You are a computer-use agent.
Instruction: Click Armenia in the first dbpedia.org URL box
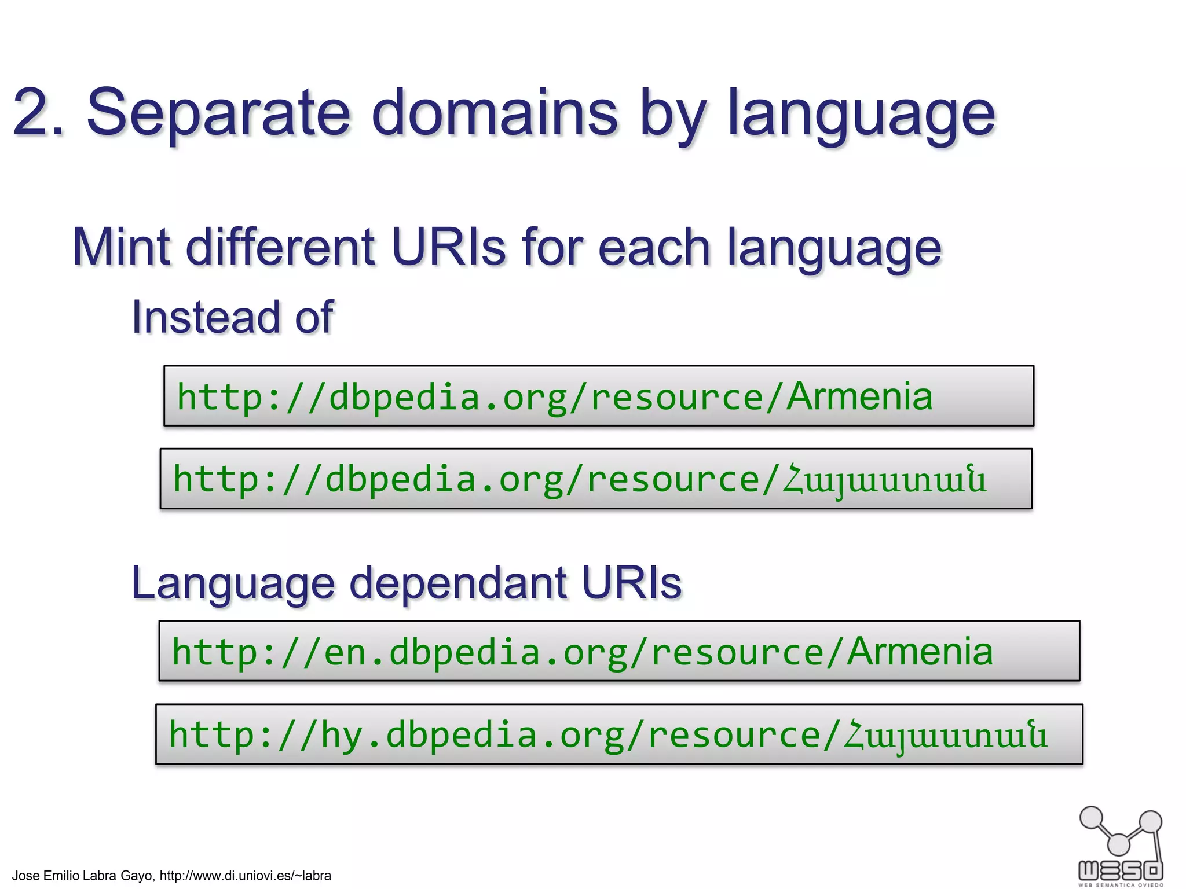click(x=859, y=396)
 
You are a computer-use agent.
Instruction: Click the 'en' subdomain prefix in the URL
click(x=345, y=652)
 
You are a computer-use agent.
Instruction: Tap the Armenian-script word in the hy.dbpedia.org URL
click(x=945, y=736)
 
